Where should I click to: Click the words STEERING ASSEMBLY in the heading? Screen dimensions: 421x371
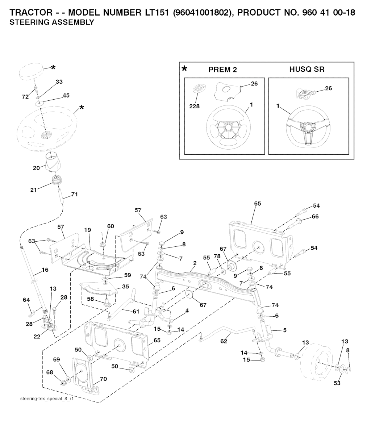pos(51,22)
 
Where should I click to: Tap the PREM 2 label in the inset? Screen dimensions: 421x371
pos(222,70)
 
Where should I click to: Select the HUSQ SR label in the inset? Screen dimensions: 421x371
pos(307,69)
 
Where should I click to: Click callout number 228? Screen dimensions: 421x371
pos(194,106)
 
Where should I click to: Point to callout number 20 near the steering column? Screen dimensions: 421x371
pos(37,168)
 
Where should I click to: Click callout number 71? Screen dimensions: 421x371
pos(74,195)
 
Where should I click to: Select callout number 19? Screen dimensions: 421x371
pos(87,230)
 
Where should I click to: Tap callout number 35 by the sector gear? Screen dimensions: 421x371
pos(125,287)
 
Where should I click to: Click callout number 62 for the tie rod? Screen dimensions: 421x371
pos(224,341)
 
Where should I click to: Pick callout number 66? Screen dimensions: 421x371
pos(315,216)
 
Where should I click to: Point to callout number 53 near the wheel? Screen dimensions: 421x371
pos(337,383)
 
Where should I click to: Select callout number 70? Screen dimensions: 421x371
pos(103,379)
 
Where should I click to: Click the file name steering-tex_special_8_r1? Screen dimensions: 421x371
pos(47,399)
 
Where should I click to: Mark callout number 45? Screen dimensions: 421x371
pos(66,96)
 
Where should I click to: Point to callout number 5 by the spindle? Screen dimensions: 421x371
pos(285,330)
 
